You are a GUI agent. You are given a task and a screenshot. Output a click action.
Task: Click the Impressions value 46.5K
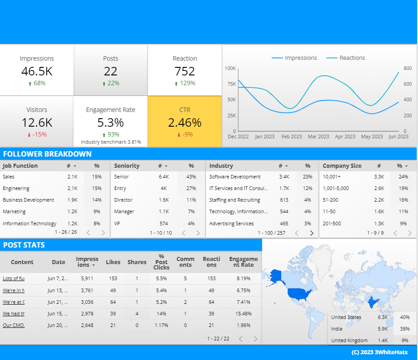(x=37, y=71)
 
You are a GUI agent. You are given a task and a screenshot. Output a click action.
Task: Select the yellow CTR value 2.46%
(x=184, y=122)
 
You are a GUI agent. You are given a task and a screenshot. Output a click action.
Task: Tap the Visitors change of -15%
(x=37, y=134)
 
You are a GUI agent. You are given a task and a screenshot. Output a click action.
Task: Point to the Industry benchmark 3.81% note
(x=111, y=142)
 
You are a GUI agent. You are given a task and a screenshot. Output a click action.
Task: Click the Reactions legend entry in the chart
(x=345, y=58)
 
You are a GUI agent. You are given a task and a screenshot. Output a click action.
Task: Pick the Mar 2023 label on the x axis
(x=318, y=137)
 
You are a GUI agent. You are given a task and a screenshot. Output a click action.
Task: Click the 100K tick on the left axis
(x=230, y=68)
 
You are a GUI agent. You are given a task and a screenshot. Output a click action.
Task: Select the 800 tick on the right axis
(x=407, y=68)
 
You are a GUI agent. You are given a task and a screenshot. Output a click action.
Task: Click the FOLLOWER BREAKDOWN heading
(x=47, y=154)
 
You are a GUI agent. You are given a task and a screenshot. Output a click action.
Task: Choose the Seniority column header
(x=127, y=166)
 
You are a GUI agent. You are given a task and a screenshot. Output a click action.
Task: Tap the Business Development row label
(x=29, y=200)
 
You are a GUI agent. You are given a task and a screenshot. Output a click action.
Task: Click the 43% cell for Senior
(x=191, y=177)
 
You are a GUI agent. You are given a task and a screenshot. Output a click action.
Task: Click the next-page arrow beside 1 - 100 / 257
(x=311, y=233)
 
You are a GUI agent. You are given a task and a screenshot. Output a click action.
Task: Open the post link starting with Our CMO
(x=13, y=325)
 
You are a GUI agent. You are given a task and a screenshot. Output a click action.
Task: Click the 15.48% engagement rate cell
(x=243, y=314)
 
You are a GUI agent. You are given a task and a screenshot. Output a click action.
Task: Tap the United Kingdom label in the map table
(x=349, y=340)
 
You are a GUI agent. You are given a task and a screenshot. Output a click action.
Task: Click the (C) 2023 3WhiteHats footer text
(x=382, y=352)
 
